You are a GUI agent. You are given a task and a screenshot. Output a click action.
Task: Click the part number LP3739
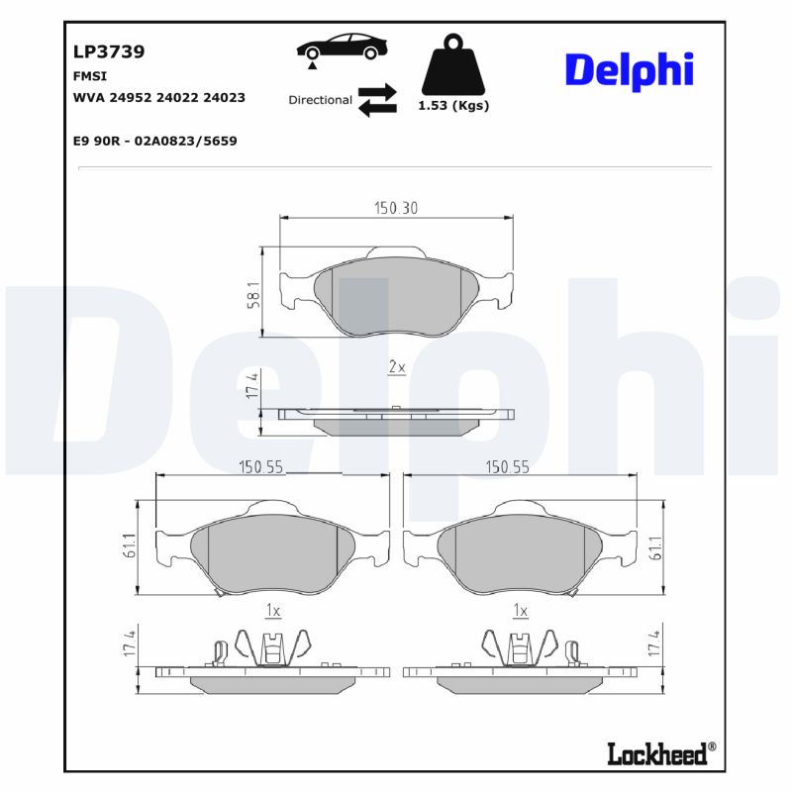click(109, 52)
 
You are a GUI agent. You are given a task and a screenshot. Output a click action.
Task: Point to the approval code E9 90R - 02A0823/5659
click(154, 141)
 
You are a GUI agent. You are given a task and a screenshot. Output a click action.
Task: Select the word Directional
click(320, 100)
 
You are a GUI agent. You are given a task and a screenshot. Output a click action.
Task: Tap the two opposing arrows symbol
click(376, 100)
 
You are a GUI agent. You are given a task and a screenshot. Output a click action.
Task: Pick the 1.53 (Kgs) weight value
click(453, 105)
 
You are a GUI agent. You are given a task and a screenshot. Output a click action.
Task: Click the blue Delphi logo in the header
click(629, 69)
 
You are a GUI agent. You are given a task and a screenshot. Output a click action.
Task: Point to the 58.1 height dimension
click(253, 295)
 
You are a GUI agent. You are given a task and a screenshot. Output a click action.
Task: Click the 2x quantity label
click(396, 367)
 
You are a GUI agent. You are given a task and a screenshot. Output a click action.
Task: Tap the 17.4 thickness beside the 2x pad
click(253, 386)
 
